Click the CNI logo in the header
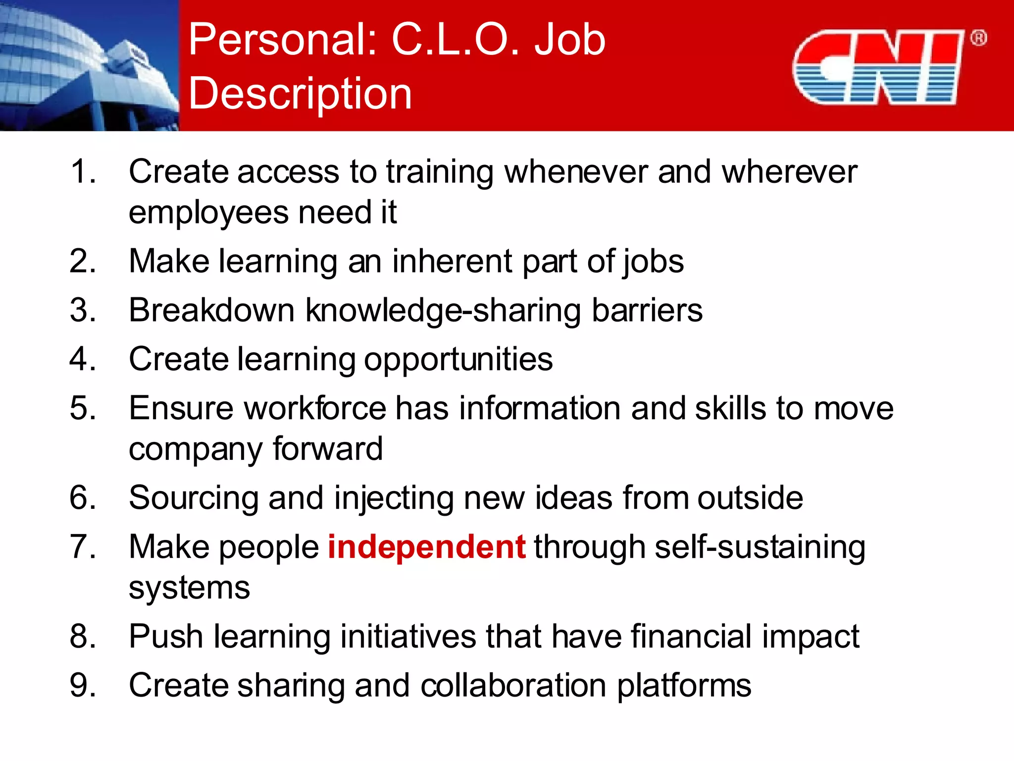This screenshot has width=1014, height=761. pos(877,67)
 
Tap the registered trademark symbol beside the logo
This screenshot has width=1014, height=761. pos(978,38)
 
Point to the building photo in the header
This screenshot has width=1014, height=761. pos(89,65)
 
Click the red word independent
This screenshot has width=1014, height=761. pos(426,547)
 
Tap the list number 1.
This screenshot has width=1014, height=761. pos(82,172)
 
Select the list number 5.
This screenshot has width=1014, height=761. pos(82,408)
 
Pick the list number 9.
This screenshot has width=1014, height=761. pos(82,685)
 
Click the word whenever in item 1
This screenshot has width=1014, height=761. pos(575,172)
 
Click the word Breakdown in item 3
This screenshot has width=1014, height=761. pos(212,311)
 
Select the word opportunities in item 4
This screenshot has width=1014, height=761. pos(458,360)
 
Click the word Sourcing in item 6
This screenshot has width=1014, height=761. pos(194,498)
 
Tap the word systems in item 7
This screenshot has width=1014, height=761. pos(189,588)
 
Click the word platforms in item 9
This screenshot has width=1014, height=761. pos(684,686)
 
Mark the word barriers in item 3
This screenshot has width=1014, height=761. pos(647,311)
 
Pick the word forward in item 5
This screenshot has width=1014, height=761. pos(327,449)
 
